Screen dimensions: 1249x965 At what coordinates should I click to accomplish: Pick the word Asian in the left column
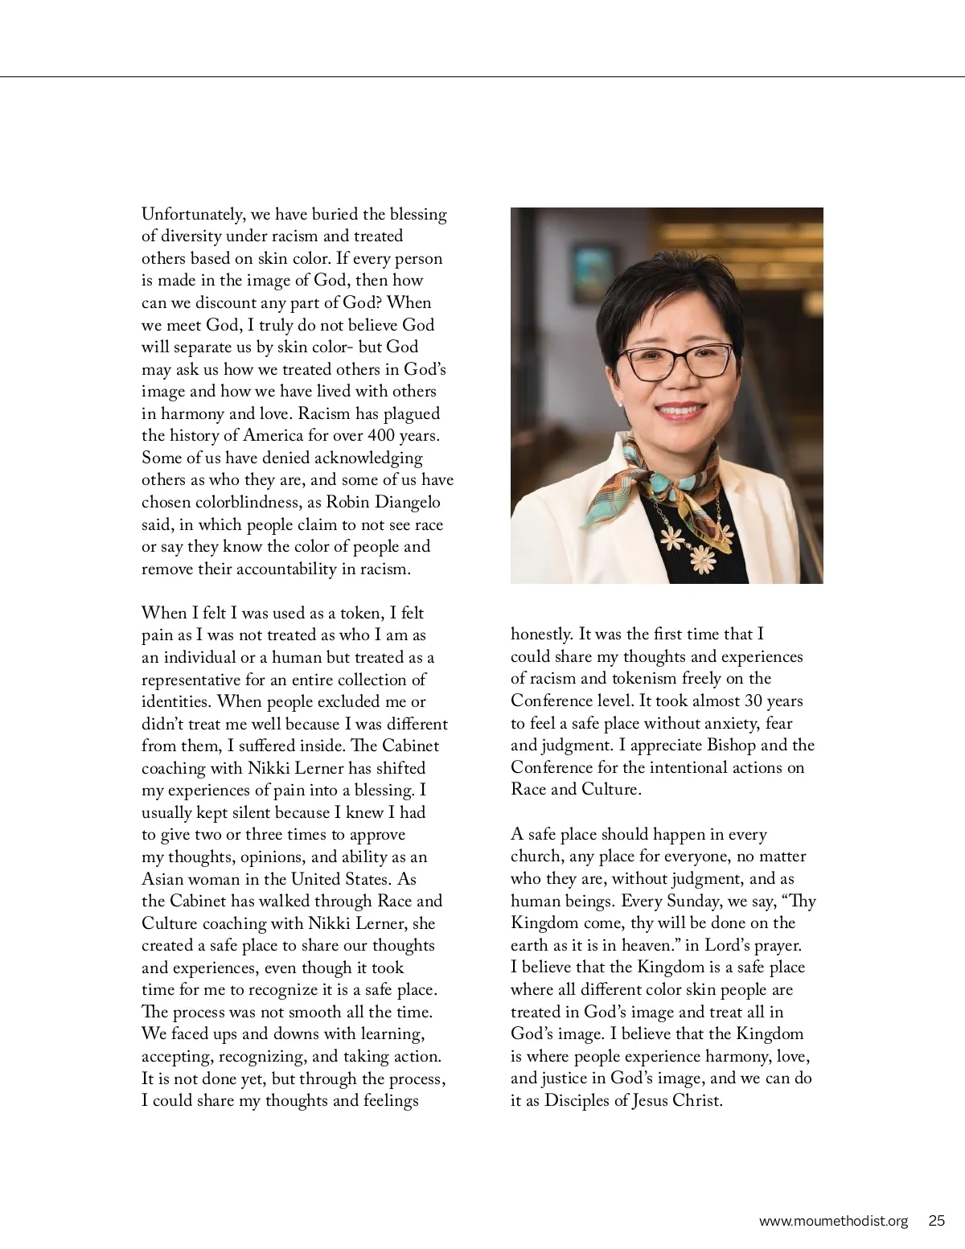tap(163, 879)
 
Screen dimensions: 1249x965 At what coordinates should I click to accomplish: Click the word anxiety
tap(728, 723)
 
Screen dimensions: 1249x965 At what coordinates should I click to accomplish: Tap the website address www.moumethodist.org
tap(833, 1221)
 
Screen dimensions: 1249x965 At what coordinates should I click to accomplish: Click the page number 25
tap(937, 1221)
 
